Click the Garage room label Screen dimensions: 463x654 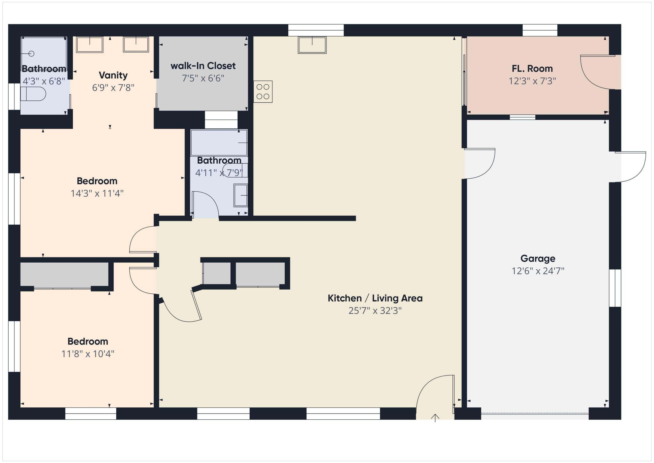click(x=538, y=258)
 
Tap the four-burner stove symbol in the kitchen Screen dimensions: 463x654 click(x=263, y=91)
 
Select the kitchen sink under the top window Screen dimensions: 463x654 click(x=312, y=45)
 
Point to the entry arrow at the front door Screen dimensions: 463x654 click(x=435, y=418)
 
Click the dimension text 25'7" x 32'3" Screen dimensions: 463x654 click(x=375, y=310)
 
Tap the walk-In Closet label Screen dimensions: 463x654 click(x=203, y=66)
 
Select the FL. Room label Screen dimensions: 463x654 click(x=532, y=69)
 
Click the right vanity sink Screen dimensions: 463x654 click(x=136, y=45)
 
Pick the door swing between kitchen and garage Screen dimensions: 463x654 click(x=479, y=163)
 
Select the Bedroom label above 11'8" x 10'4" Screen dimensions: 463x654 click(x=88, y=341)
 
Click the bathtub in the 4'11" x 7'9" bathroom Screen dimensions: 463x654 click(x=218, y=142)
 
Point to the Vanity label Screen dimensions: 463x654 click(x=113, y=75)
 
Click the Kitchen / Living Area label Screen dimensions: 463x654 click(x=375, y=298)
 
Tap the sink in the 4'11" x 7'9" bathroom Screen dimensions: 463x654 click(x=240, y=195)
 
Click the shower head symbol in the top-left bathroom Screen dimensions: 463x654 click(x=31, y=54)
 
